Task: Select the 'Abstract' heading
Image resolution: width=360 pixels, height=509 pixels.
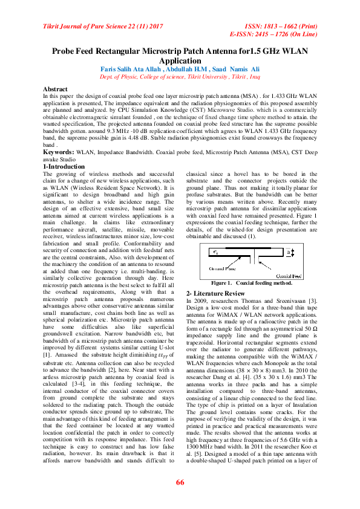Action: (x=56, y=89)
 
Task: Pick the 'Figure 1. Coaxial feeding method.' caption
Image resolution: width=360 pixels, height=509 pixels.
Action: (x=252, y=283)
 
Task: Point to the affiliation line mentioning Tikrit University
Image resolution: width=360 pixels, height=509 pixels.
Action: (x=180, y=77)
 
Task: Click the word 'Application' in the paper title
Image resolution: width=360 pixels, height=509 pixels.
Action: (x=180, y=61)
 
